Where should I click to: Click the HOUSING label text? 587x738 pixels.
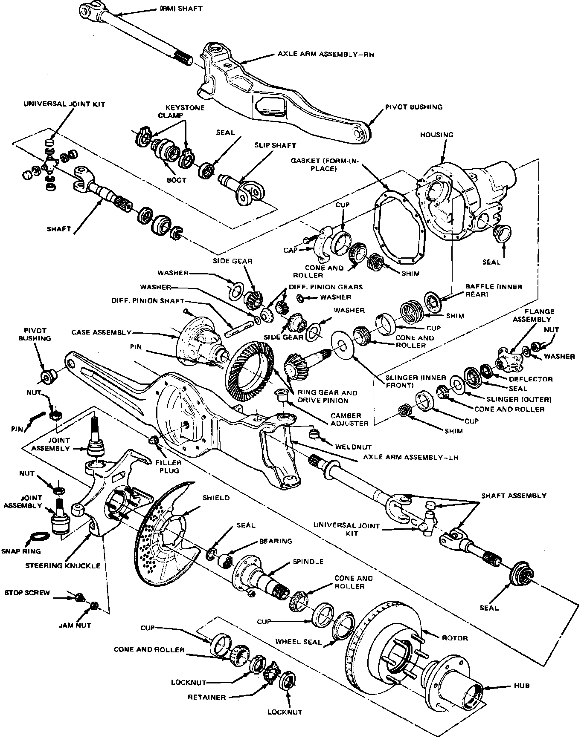tap(436, 135)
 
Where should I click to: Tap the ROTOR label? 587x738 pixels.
tap(455, 638)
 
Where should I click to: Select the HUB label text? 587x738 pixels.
tap(522, 686)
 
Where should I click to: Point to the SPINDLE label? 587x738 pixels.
tap(308, 562)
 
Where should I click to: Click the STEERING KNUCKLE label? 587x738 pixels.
tap(63, 565)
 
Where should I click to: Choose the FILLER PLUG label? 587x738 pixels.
tap(169, 467)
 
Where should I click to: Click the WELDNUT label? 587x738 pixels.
tap(353, 447)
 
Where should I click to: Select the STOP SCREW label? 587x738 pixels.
tap(27, 593)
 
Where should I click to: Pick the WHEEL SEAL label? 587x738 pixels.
tap(298, 641)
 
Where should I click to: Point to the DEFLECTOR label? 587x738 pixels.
tap(530, 379)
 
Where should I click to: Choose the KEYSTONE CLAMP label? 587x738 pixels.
tap(182, 112)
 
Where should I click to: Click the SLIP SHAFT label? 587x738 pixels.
tap(275, 145)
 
